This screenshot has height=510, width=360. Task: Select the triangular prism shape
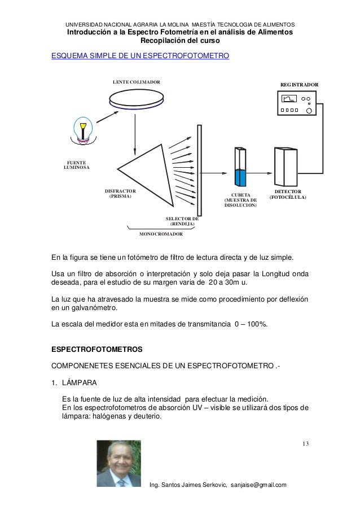click(147, 169)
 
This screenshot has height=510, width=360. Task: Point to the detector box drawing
click(286, 168)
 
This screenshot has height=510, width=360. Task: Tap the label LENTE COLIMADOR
click(136, 82)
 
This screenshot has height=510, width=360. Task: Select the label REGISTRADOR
click(299, 84)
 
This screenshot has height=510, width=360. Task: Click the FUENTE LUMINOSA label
click(73, 165)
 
